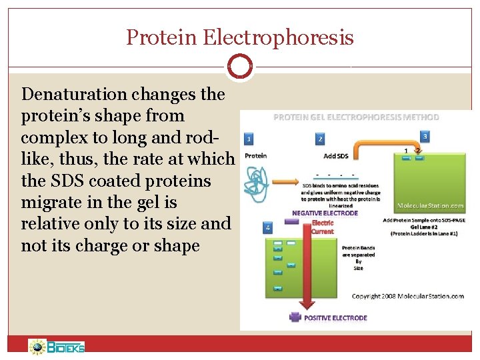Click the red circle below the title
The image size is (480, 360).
click(239, 67)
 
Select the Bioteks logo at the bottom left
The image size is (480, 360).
click(57, 346)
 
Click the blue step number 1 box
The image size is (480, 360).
click(248, 139)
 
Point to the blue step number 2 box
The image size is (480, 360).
click(320, 139)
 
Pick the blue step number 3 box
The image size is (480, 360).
click(425, 136)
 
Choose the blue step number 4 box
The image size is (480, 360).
click(268, 227)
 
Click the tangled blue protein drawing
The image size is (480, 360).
click(257, 179)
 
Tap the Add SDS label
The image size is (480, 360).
click(335, 156)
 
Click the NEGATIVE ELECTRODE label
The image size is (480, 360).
click(325, 213)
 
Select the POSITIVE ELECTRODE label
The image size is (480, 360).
click(335, 318)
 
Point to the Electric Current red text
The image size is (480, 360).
click(323, 227)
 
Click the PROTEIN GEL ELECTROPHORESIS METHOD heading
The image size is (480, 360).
click(357, 117)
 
